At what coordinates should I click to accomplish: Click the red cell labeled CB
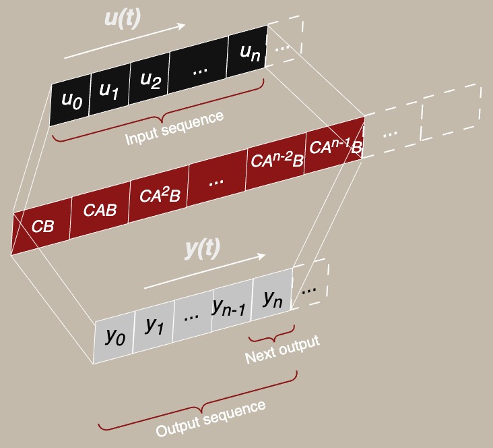coord(42,227)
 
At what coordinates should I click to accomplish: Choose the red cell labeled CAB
coord(100,211)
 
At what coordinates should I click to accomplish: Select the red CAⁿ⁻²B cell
coord(276,161)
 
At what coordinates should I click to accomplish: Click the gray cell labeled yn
coord(272,297)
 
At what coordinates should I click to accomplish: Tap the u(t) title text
coord(122,18)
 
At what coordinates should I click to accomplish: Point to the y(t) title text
coord(203,248)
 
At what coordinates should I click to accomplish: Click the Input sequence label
coord(174,128)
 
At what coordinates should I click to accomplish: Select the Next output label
coord(282,349)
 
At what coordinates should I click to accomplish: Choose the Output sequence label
coord(210,418)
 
